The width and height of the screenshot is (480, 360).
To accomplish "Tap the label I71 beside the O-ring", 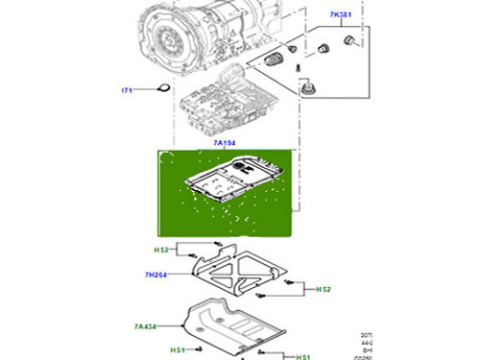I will (126, 90).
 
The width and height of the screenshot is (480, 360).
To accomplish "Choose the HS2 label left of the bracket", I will (162, 250).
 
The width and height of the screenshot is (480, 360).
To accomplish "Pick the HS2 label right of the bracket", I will (323, 289).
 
